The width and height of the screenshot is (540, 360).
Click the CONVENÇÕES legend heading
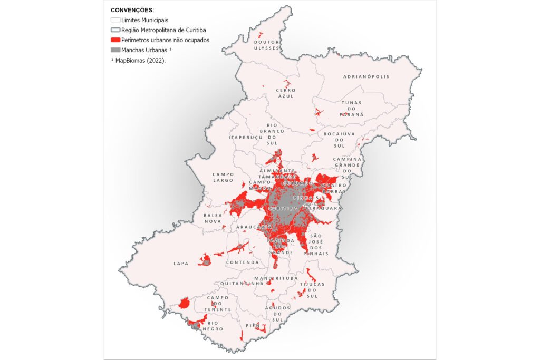(132, 10)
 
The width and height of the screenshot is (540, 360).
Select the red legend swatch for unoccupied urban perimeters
(115, 40)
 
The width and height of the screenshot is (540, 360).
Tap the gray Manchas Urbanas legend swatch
(115, 50)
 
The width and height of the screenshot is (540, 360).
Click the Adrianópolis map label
(366, 76)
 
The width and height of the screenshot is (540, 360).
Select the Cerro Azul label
(285, 93)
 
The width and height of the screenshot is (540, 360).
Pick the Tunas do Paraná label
(352, 109)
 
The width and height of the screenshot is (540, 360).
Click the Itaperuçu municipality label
(246, 137)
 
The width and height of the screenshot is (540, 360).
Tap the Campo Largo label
(223, 177)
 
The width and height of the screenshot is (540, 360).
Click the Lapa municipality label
(181, 263)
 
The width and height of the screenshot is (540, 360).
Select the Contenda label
(243, 262)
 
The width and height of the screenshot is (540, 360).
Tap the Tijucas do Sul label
(312, 290)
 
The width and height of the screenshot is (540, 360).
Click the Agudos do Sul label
(277, 314)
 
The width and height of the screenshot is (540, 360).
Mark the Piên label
(252, 326)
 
